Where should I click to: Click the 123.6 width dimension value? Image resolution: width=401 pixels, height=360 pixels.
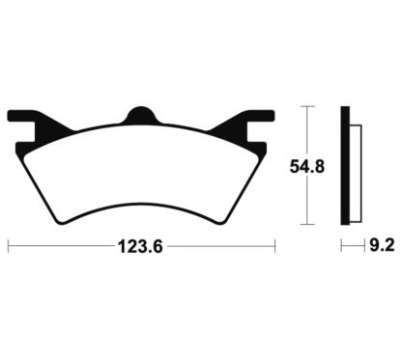coord(140,247)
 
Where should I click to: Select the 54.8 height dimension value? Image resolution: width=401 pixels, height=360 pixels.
coord(307,167)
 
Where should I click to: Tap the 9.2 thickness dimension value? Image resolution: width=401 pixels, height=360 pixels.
coord(382,246)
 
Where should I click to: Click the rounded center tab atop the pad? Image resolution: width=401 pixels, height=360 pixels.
coord(141,115)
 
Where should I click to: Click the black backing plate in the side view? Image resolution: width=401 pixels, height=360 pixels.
coord(345,165)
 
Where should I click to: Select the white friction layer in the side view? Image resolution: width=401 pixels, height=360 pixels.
coord(355,174)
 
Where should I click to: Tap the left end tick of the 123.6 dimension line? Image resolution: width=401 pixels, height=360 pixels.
coord(8,247)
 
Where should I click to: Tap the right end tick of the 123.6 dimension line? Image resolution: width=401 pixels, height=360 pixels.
coord(274,247)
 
